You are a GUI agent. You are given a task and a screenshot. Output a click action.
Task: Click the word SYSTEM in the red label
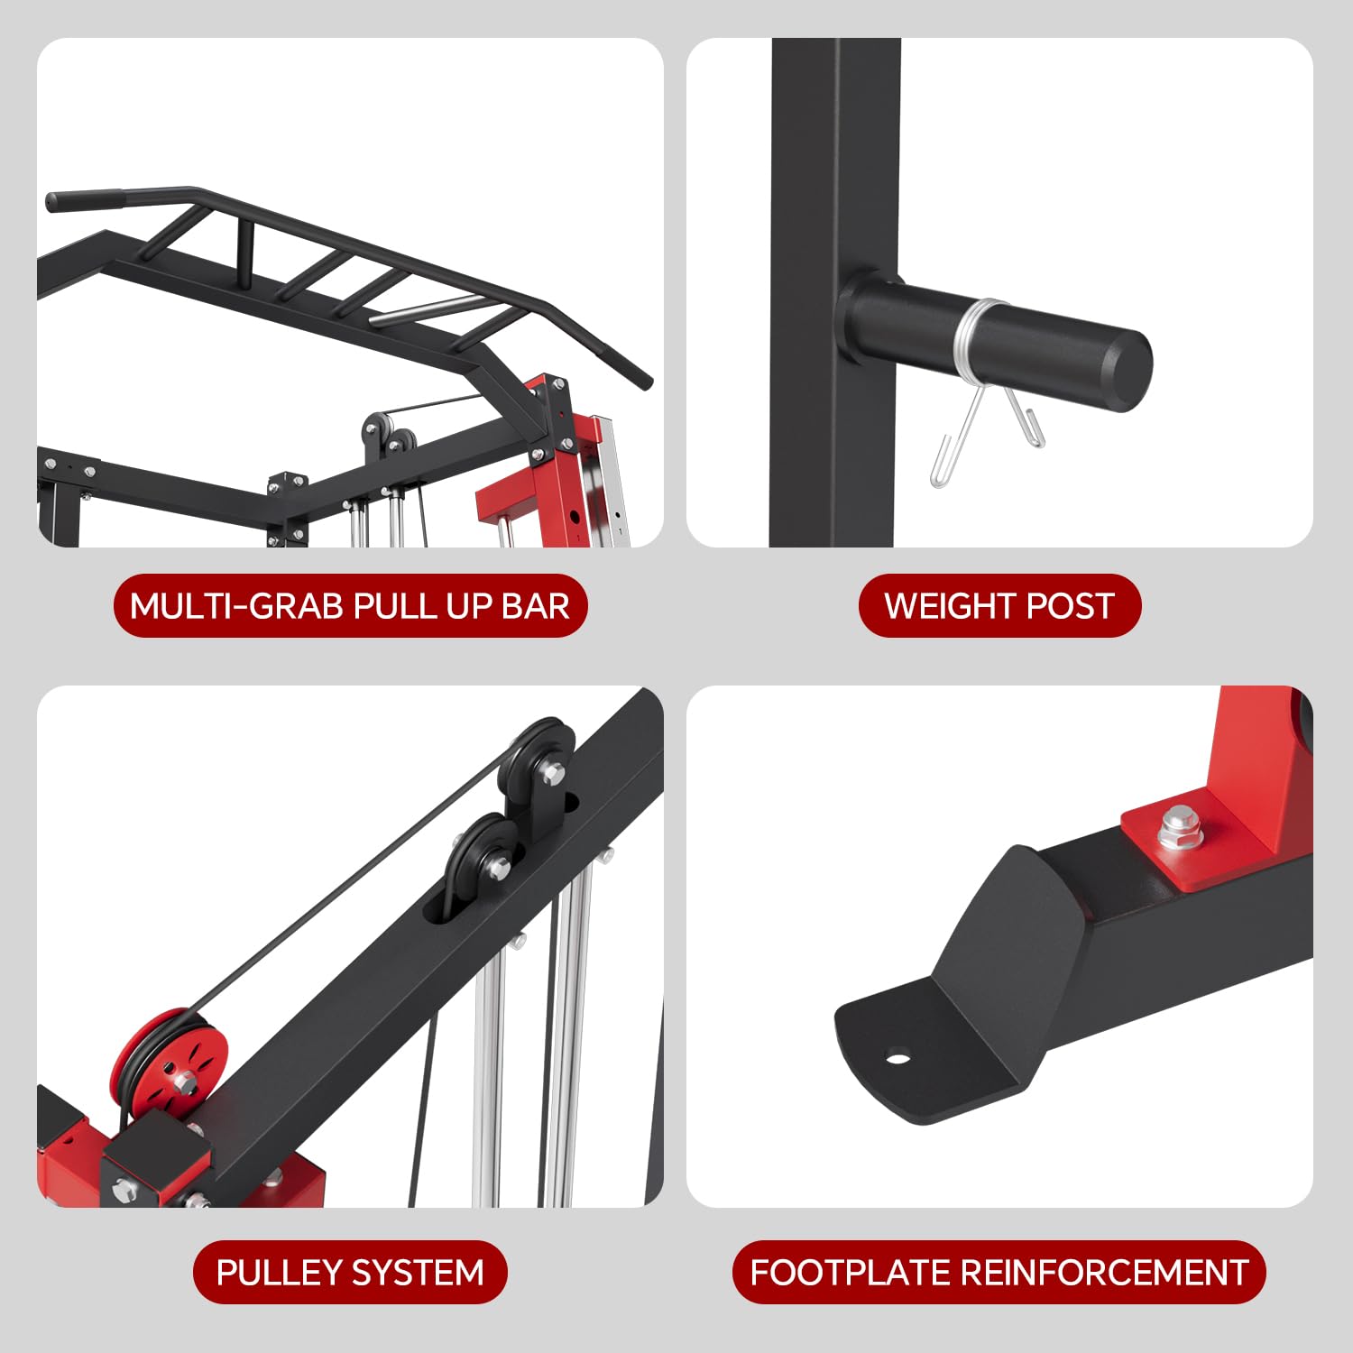click(x=418, y=1273)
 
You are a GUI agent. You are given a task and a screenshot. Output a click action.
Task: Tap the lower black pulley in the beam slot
click(x=481, y=861)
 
